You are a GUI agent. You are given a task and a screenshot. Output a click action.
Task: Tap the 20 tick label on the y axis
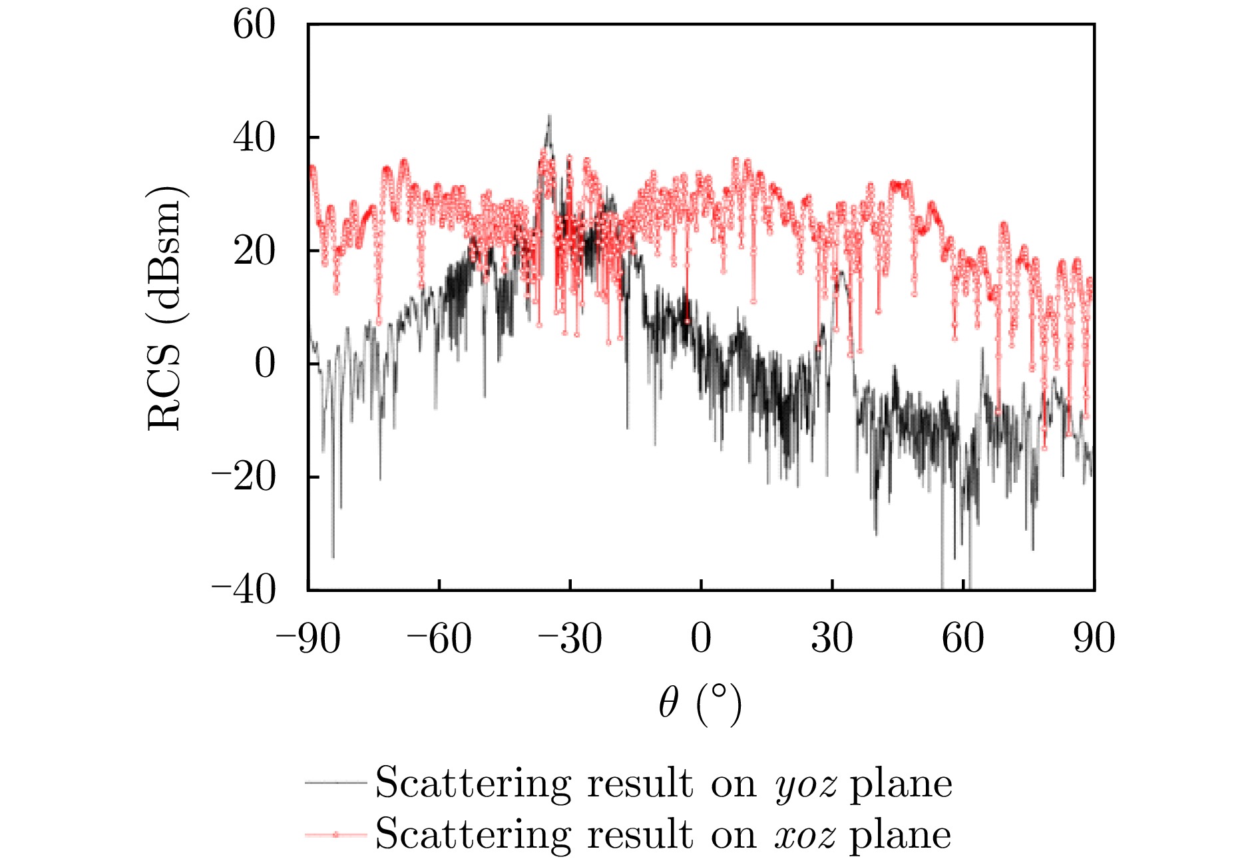pos(254,252)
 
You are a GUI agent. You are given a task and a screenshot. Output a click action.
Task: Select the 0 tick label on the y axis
pos(264,364)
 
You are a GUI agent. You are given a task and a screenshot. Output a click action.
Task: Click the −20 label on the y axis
pos(244,477)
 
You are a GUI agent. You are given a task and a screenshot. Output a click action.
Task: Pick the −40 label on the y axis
pos(244,590)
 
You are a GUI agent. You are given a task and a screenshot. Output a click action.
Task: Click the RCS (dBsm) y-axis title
pos(164,308)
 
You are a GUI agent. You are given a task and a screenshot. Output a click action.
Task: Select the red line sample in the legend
pos(336,834)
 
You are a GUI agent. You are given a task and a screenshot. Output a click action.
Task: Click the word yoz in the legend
pos(805,784)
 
